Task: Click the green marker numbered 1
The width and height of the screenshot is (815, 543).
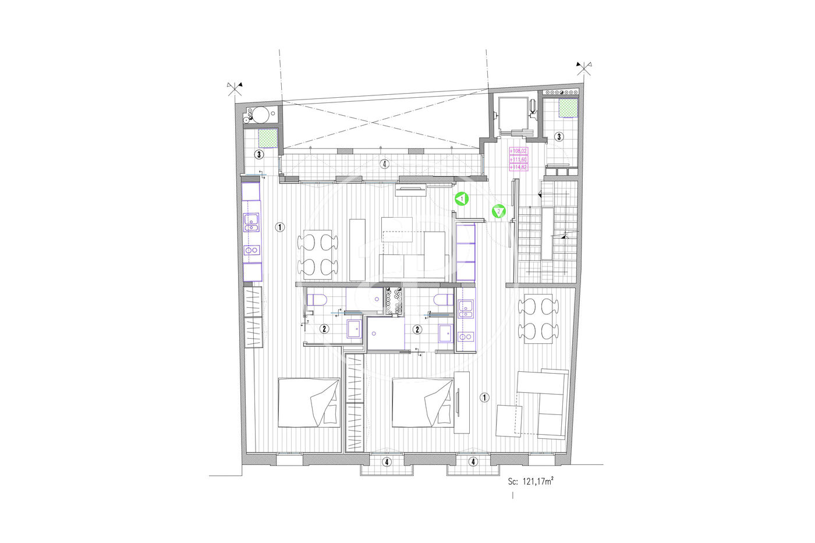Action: pyautogui.click(x=461, y=199)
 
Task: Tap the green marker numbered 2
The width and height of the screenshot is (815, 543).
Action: pyautogui.click(x=498, y=211)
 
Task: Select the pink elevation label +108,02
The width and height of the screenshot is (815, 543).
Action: pyautogui.click(x=518, y=151)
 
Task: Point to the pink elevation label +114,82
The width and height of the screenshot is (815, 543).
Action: pyautogui.click(x=518, y=167)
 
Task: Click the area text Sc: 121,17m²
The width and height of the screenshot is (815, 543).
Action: pyautogui.click(x=531, y=481)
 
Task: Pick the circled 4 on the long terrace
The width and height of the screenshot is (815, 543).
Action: pyautogui.click(x=385, y=164)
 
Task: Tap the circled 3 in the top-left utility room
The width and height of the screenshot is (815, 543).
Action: pyautogui.click(x=258, y=155)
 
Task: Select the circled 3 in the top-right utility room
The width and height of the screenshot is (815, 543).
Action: pyautogui.click(x=559, y=137)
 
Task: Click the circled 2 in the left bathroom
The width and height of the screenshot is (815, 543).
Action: pyautogui.click(x=324, y=329)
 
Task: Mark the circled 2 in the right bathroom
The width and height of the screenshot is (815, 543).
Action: pyautogui.click(x=417, y=329)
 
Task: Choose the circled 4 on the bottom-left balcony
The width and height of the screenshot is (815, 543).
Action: pyautogui.click(x=387, y=462)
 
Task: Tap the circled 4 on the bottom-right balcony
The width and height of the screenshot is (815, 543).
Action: pyautogui.click(x=473, y=462)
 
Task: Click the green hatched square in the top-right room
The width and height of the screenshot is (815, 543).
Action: pyautogui.click(x=568, y=108)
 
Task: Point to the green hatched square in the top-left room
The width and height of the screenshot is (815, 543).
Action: pyautogui.click(x=268, y=139)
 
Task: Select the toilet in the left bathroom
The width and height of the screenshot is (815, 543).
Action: pyautogui.click(x=317, y=300)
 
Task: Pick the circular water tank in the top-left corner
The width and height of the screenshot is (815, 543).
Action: pyautogui.click(x=261, y=115)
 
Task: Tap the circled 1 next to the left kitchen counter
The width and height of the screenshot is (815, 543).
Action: pyautogui.click(x=279, y=228)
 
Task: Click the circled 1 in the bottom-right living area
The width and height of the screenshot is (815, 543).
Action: pyautogui.click(x=484, y=398)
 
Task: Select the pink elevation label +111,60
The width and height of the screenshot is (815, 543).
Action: pyautogui.click(x=518, y=159)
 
